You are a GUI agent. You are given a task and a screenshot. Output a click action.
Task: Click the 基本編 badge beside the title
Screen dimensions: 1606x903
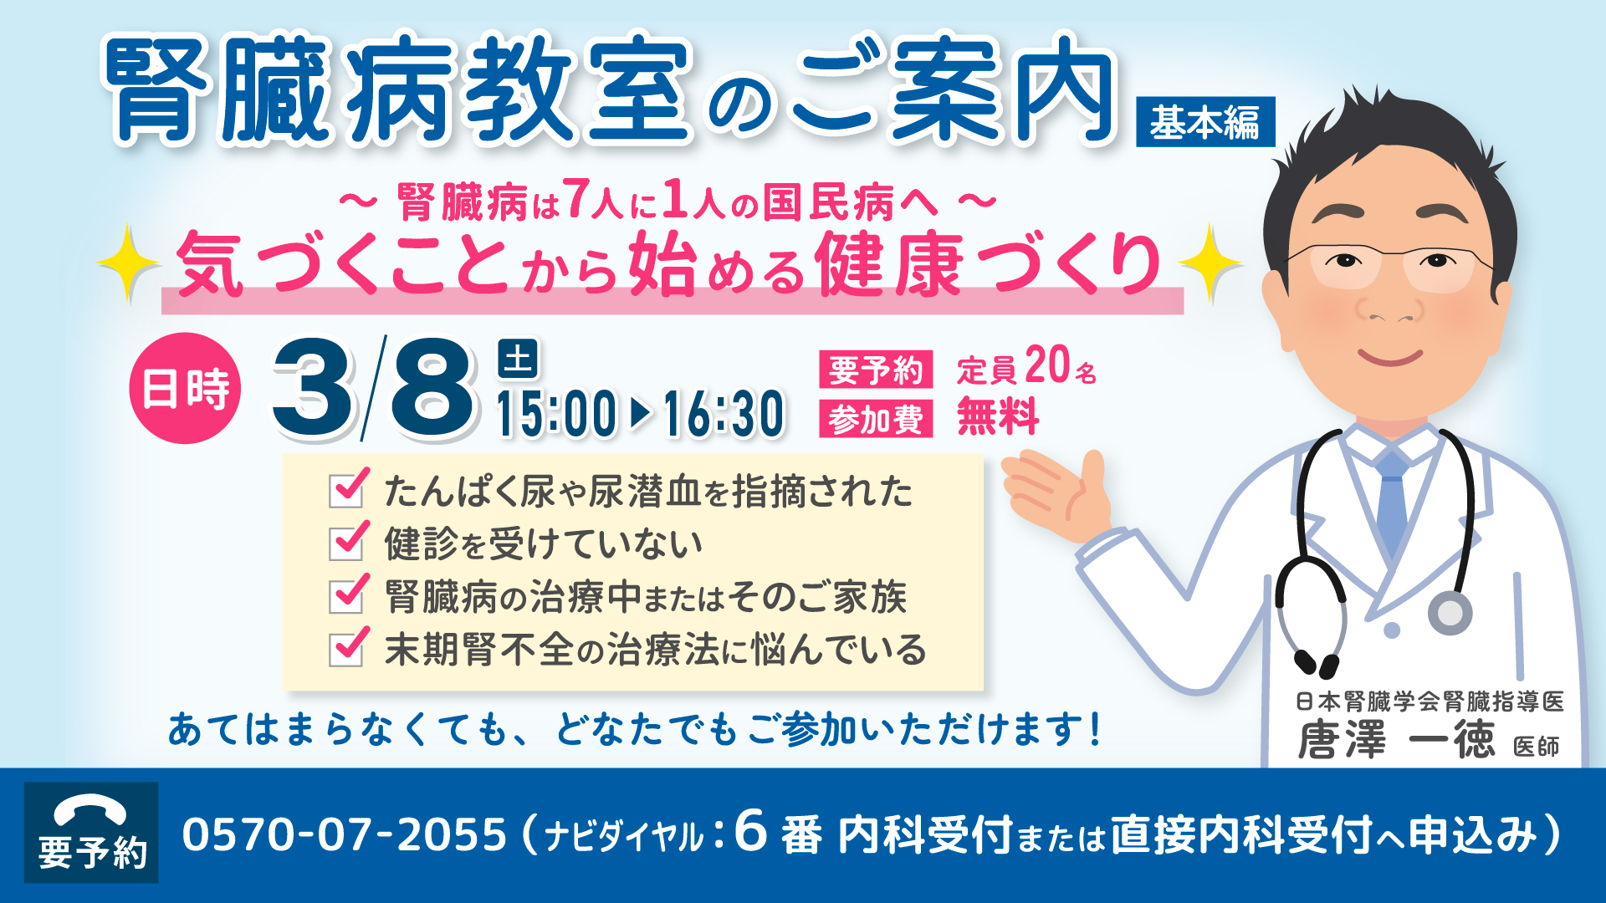[1205, 122]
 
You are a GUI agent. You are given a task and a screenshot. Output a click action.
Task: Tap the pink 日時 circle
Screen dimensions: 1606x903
[185, 388]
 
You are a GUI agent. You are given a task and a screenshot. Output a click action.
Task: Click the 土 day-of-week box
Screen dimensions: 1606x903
[518, 360]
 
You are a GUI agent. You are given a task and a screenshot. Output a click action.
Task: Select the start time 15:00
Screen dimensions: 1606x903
[556, 414]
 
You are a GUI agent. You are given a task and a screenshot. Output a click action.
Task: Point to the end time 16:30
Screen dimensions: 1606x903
[724, 414]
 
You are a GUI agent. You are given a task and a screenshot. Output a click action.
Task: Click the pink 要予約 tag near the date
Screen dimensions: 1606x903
[876, 370]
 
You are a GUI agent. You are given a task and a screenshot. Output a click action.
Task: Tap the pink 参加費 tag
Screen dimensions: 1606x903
[876, 419]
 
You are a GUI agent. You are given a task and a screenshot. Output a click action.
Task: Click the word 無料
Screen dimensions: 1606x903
[999, 416]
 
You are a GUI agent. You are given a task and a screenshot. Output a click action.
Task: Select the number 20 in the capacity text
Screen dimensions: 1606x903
[1047, 365]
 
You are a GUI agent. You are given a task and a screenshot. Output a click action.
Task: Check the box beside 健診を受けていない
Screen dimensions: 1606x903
[346, 543]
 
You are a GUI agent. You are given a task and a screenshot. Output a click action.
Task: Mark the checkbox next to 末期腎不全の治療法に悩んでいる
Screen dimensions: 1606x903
[346, 648]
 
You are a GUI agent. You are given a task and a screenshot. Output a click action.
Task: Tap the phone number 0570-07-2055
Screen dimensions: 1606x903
[345, 834]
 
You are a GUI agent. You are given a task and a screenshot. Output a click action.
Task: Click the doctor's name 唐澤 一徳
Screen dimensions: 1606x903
[1395, 740]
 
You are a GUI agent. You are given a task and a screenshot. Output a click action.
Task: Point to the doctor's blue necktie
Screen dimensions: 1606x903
[1392, 502]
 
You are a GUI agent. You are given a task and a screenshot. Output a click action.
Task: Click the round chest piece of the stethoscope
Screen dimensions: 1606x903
[1450, 613]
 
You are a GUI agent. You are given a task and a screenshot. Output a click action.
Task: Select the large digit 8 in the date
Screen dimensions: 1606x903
[433, 388]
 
